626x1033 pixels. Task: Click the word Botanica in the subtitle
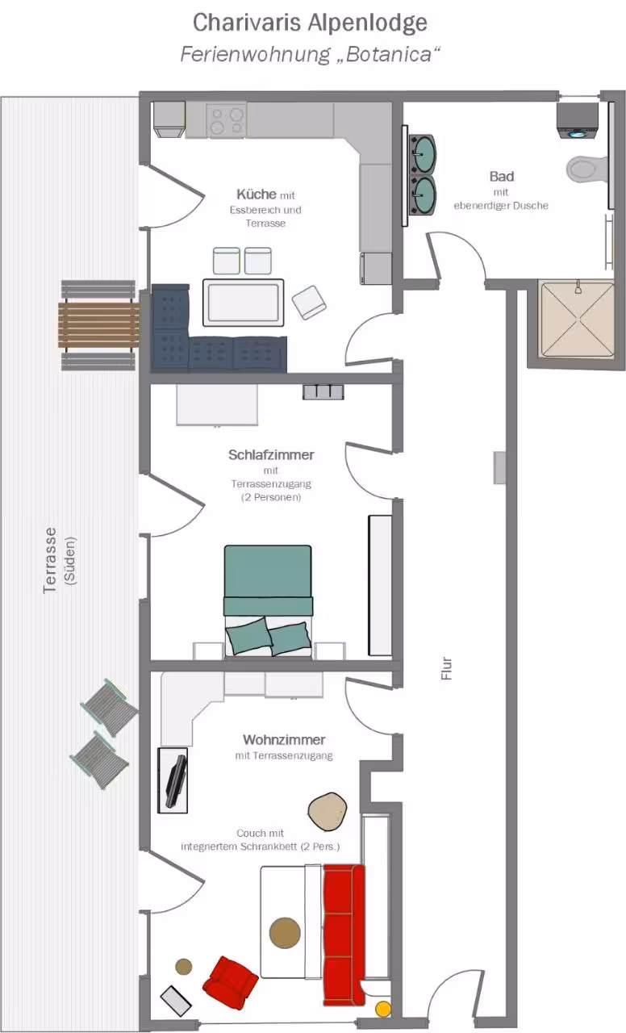pos(389,54)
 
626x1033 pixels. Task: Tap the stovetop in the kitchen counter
pos(226,120)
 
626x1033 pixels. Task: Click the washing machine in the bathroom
pos(577,121)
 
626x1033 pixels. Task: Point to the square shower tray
pos(577,320)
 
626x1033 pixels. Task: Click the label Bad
pos(502,177)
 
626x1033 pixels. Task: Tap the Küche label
pos(257,194)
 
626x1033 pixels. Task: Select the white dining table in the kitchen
pos(244,303)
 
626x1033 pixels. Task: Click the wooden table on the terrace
pos(98,325)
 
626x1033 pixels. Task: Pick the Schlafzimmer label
pos(271,454)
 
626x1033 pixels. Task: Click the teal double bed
pos(268,600)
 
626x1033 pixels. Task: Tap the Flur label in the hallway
pos(447,669)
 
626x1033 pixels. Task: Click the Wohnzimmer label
pos(284,740)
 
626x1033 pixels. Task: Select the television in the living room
pos(177,782)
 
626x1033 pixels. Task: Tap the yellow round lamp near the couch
pos(382,1009)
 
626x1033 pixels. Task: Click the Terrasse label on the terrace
pos(50,560)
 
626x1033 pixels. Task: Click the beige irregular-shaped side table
pos(328,811)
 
